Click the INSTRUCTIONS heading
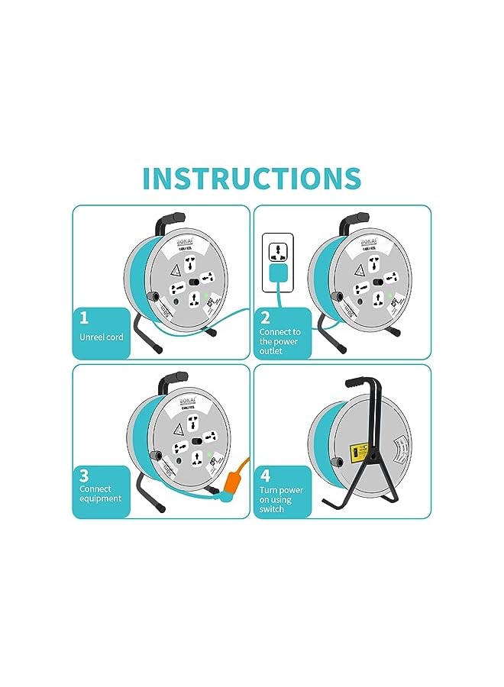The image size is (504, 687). click(x=251, y=177)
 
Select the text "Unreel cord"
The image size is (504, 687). click(x=101, y=337)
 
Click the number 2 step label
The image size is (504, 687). click(x=265, y=318)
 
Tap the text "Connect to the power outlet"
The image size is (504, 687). click(x=279, y=341)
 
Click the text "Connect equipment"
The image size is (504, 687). click(x=100, y=494)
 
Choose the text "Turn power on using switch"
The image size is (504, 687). click(x=281, y=500)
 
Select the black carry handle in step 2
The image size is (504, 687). click(x=353, y=221)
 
